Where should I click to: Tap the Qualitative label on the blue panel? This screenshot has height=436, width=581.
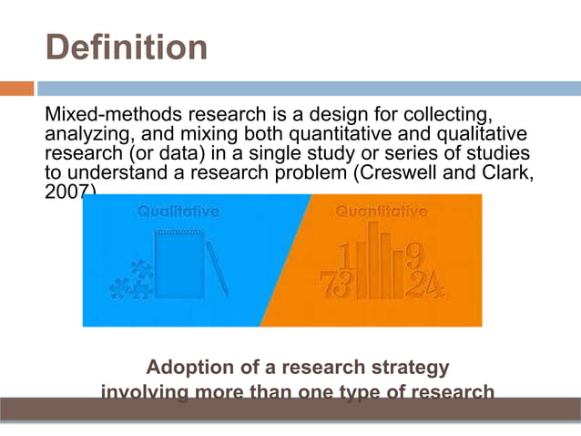(x=178, y=212)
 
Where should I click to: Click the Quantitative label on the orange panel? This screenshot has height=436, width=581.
(x=382, y=212)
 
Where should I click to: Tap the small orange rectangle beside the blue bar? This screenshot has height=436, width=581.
(x=16, y=88)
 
